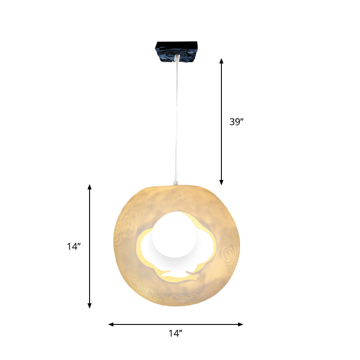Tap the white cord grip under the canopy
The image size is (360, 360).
(177, 58)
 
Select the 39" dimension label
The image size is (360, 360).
(236, 121)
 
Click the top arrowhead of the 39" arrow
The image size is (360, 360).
(221, 60)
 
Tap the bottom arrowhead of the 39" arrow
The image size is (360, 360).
(221, 182)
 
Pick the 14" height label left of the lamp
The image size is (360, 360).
(73, 246)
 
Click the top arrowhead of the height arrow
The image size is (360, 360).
(90, 187)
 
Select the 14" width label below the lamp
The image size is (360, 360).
(175, 333)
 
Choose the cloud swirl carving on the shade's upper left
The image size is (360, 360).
(130, 221)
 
